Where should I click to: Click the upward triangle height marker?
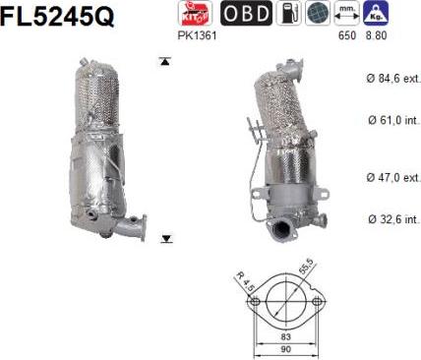(x=165, y=61)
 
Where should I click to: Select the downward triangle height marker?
(x=165, y=239)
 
